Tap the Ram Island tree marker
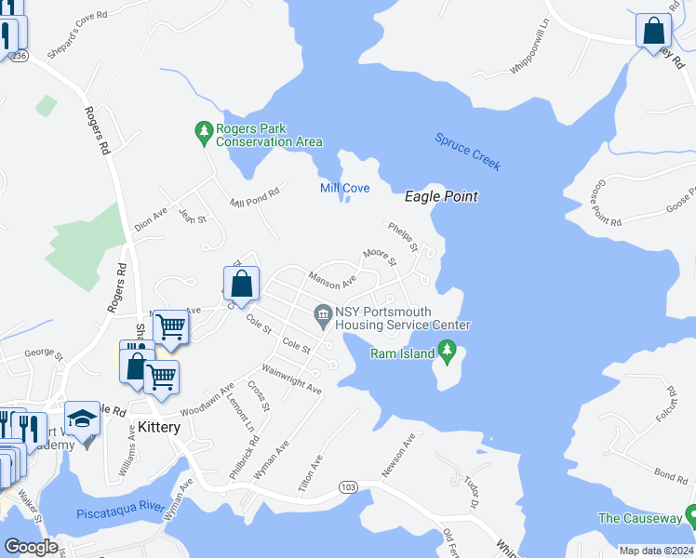[x=448, y=352]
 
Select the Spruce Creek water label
[x=468, y=152]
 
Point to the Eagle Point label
[x=441, y=196]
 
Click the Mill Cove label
[x=344, y=188]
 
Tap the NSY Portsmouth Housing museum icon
[x=323, y=317]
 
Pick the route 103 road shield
[x=348, y=486]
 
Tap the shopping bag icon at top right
[x=654, y=30]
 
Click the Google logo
[x=31, y=547]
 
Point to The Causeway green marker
[x=690, y=514]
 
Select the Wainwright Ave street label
[x=290, y=379]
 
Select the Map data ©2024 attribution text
[x=656, y=551]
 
